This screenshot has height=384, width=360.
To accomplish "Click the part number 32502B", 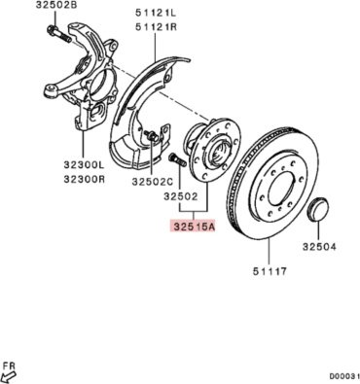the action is pos(56,5).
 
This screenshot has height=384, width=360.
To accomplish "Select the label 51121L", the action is pos(156,14).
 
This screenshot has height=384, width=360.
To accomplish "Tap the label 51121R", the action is pos(156,26).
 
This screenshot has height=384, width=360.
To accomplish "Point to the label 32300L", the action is pos(85,165).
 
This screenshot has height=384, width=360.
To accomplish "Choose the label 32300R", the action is pos(85,179).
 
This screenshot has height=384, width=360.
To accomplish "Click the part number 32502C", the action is pos(153,182).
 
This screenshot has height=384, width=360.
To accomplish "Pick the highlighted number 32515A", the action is pos(194,227).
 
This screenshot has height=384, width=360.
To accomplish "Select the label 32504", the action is pos(319,247).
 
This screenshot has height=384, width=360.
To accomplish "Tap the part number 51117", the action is pos(270,271).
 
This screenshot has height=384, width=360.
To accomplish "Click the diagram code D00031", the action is pos(344,376).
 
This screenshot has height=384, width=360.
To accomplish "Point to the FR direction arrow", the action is pos(9,377).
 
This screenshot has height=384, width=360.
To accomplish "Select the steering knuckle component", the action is pos(81,78).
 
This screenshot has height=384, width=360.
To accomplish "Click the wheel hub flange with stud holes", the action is pos(213,150).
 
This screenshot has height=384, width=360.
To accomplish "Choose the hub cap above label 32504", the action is pos(317,209).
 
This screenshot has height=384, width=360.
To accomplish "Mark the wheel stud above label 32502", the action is pos(177,160).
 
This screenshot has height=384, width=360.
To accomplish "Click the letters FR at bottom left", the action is pos(10,367).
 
